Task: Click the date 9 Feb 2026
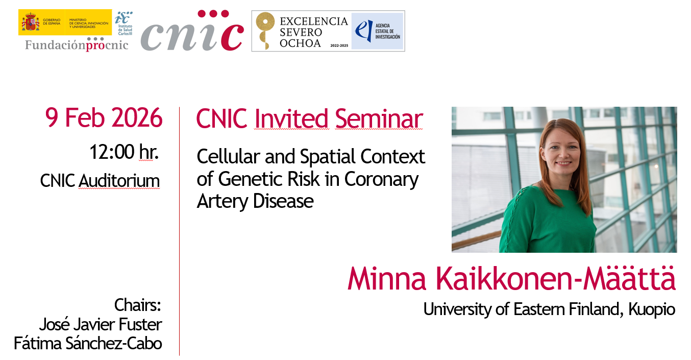[104, 117]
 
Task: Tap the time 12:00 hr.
[124, 152]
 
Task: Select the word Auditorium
[119, 181]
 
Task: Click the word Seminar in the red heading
[379, 118]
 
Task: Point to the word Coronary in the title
[381, 180]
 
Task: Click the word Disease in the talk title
[283, 201]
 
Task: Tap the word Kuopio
[652, 309]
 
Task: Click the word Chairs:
[138, 305]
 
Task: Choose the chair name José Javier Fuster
[100, 324]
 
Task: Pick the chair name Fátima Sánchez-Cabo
[88, 343]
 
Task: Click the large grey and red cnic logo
[192, 31]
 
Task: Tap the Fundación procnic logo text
[77, 45]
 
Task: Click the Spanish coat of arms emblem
[30, 22]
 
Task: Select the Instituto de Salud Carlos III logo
[124, 23]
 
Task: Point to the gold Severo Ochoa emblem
[265, 31]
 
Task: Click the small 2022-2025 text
[339, 45]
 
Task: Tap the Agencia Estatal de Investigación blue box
[378, 31]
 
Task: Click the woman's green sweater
[548, 219]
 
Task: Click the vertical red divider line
[179, 231]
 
